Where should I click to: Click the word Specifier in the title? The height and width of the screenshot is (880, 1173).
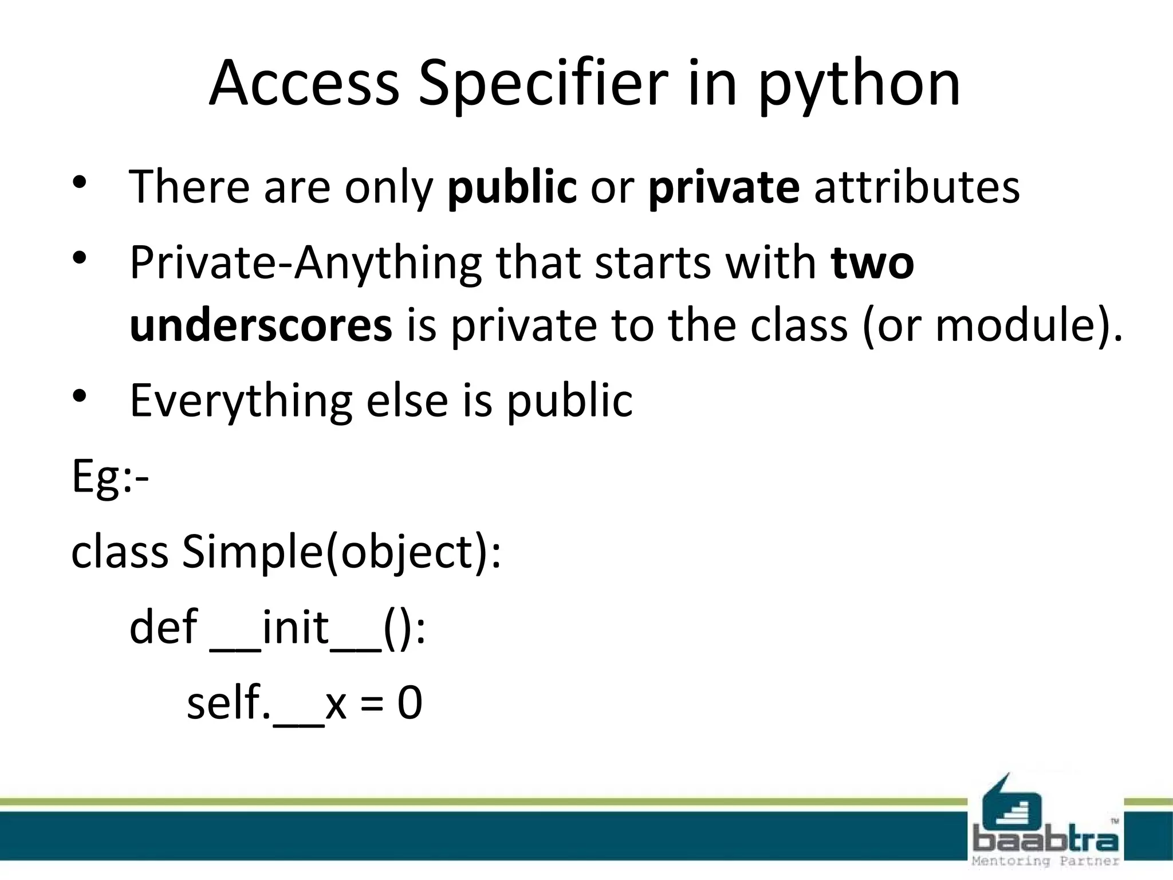point(544,85)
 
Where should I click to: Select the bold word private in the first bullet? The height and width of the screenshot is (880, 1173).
point(724,187)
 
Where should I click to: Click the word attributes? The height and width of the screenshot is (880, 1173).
point(917,187)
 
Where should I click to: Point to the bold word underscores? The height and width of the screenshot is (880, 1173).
point(261,325)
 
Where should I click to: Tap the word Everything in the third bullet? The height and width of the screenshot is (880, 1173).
point(241,401)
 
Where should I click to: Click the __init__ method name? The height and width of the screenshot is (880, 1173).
point(296,628)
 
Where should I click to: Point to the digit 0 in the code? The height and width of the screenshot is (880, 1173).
point(410,704)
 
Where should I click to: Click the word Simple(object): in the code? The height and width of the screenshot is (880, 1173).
point(341,552)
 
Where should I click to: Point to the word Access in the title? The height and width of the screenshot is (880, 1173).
point(304,85)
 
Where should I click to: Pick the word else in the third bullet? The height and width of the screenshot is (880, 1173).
point(407,400)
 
